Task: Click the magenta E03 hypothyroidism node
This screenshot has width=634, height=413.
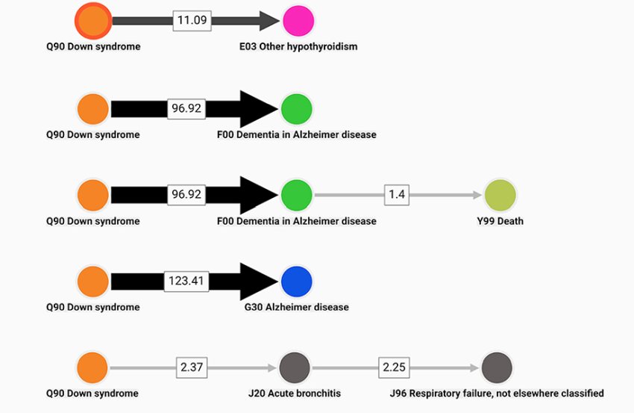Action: click(x=298, y=20)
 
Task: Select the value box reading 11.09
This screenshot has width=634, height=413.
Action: click(x=192, y=20)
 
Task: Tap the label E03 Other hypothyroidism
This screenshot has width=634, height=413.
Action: click(x=298, y=46)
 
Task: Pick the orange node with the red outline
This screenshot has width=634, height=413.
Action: click(x=94, y=20)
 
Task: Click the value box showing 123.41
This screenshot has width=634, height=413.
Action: click(x=186, y=282)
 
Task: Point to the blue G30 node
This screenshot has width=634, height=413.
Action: click(x=297, y=281)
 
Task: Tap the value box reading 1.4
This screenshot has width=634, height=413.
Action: click(x=396, y=195)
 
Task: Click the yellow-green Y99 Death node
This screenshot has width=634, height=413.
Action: click(x=500, y=195)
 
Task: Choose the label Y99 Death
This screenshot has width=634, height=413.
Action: click(x=500, y=221)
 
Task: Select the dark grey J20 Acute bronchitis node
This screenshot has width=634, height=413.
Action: click(x=295, y=367)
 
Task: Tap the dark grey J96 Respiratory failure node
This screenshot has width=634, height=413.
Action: click(x=497, y=367)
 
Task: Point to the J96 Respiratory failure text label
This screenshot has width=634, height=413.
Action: click(x=496, y=393)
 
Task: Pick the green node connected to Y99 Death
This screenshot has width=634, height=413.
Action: click(x=296, y=195)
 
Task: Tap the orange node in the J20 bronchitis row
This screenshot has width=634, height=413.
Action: click(x=93, y=367)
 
